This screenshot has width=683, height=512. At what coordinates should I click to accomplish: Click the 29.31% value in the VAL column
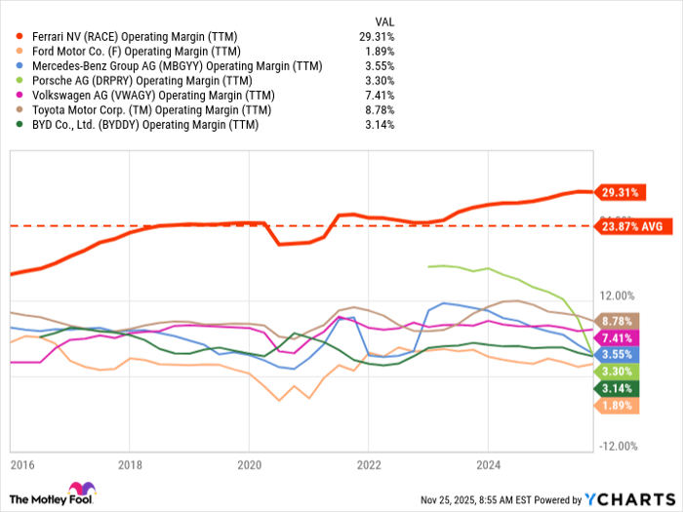click(377, 37)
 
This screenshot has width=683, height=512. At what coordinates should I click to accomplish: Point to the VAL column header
click(384, 20)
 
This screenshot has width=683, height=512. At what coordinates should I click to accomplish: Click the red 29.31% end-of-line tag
click(616, 192)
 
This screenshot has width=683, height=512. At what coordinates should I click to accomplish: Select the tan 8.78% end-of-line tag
click(615, 320)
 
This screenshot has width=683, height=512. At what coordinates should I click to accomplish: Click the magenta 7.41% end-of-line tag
click(615, 336)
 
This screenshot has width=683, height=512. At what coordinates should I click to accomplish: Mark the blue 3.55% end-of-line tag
click(615, 354)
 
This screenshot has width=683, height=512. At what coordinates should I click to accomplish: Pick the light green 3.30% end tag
click(615, 372)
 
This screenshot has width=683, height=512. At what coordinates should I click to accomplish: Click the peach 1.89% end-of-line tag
click(615, 405)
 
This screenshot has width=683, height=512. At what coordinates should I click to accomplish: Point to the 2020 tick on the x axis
click(250, 465)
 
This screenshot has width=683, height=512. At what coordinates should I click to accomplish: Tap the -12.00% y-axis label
click(617, 446)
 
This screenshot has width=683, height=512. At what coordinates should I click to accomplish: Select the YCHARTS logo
click(629, 497)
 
